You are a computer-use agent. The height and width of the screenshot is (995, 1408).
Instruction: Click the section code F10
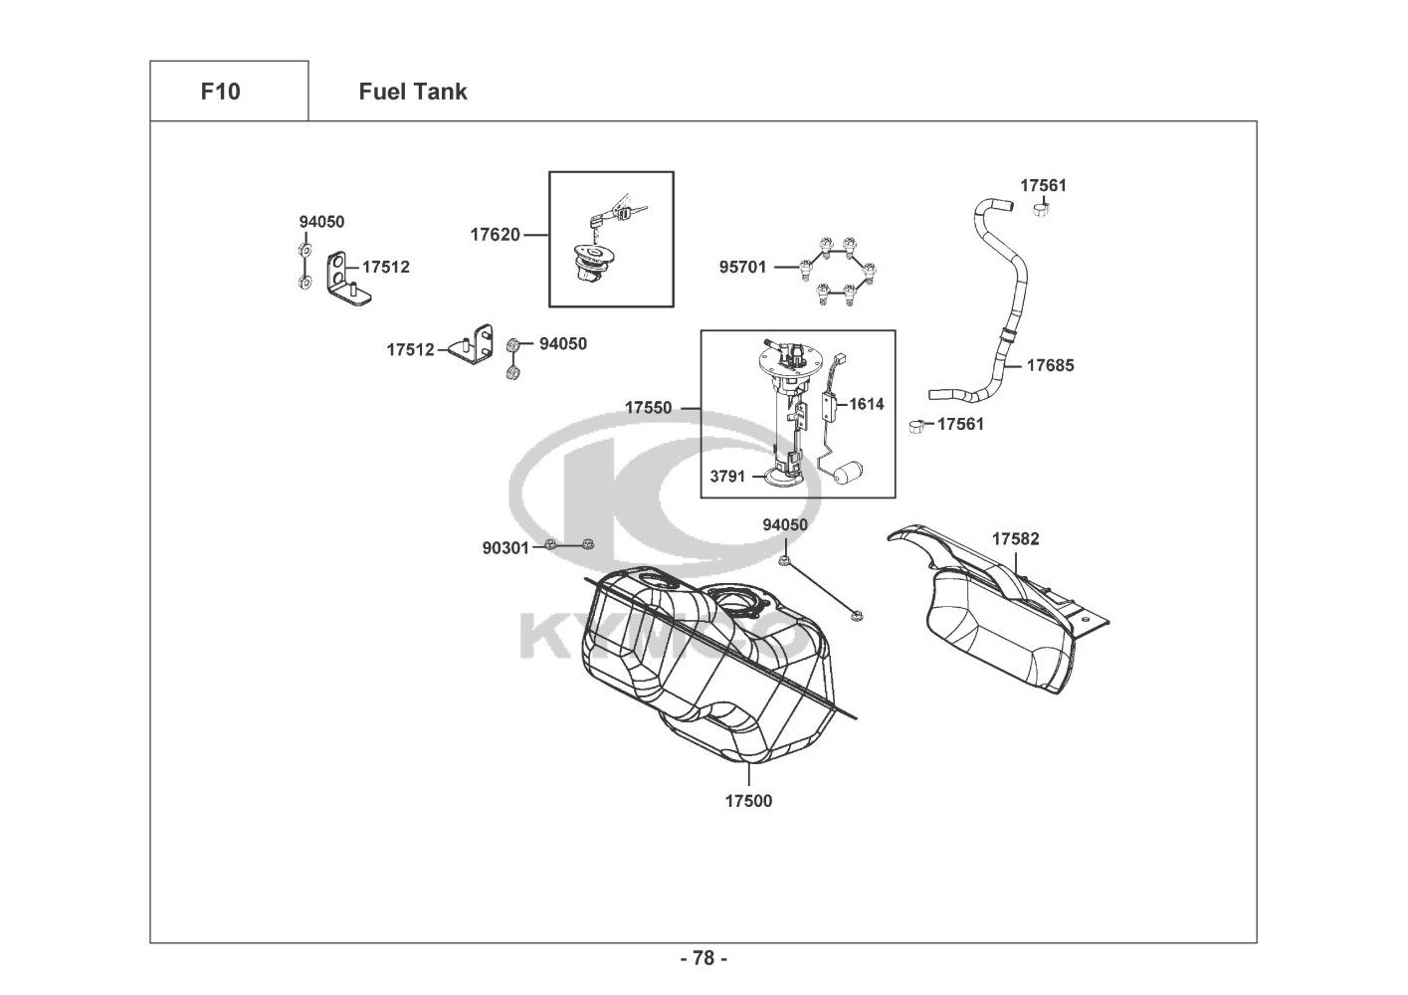[220, 92]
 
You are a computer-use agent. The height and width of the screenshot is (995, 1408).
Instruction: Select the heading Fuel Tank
[413, 92]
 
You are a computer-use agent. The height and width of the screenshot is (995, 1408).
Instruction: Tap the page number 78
[704, 958]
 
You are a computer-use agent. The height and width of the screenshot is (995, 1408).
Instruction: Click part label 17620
[496, 235]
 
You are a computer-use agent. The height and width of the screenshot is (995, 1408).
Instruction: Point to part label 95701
[743, 267]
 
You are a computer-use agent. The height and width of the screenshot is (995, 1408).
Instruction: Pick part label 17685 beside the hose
[1051, 365]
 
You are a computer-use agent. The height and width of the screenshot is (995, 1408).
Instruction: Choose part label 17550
[648, 408]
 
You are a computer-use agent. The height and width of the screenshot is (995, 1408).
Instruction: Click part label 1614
[866, 404]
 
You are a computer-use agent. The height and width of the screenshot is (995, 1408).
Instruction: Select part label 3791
[727, 477]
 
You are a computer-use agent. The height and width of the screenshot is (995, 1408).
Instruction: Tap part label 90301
[506, 548]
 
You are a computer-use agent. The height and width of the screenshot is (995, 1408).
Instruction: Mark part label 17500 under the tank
[748, 801]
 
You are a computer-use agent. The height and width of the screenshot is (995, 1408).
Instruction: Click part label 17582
[1016, 538]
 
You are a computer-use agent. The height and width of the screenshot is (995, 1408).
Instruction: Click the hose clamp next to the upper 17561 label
[1042, 208]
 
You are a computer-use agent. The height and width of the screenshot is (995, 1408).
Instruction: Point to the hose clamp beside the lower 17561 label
[917, 426]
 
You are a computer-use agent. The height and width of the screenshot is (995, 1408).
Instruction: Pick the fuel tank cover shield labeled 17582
[998, 607]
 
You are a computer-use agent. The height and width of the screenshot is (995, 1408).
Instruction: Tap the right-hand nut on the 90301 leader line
[588, 544]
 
